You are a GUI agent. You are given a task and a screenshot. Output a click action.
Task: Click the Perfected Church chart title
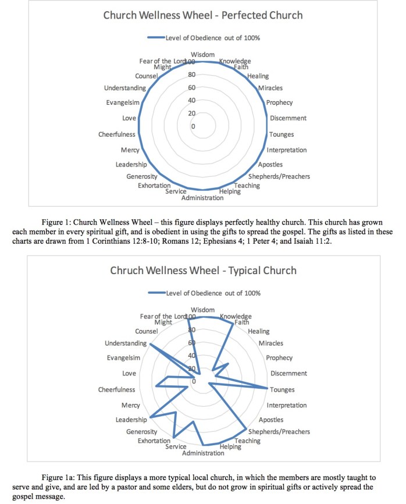(203, 15)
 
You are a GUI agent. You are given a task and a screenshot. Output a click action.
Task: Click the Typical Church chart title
(203, 270)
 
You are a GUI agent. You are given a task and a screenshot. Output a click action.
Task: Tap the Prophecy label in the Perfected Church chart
(279, 103)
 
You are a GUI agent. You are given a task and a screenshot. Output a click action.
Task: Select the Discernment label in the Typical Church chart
(289, 374)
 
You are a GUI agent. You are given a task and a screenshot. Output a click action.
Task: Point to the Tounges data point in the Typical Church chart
(268, 388)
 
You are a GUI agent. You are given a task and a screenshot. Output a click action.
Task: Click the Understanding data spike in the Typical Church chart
(151, 344)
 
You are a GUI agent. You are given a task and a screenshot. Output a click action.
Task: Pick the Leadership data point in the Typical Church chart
(150, 417)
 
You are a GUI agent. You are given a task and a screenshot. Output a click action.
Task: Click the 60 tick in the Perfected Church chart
(191, 88)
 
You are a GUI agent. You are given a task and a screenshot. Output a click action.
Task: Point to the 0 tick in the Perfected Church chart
(194, 126)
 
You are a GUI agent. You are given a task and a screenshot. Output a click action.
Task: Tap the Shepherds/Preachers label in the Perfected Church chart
(279, 176)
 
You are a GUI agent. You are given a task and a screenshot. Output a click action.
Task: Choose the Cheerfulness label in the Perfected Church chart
(116, 134)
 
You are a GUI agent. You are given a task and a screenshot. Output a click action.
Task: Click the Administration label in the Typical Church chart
(202, 453)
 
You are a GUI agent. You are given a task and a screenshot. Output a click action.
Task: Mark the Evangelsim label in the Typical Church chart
(121, 358)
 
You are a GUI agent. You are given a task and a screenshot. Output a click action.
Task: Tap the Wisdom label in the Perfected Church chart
(202, 54)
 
